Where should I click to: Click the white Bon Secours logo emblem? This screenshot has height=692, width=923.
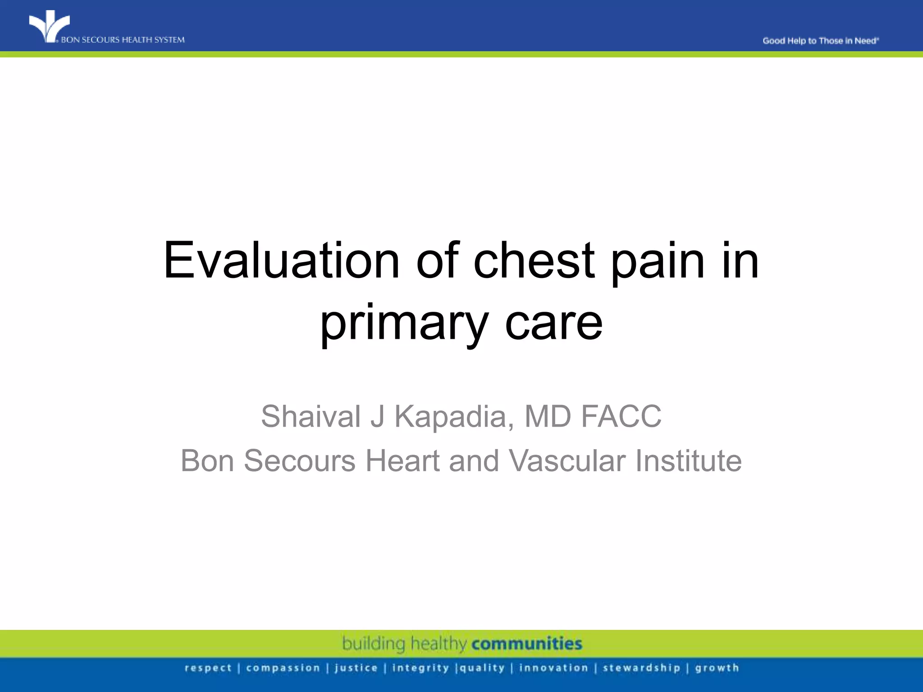[49, 26]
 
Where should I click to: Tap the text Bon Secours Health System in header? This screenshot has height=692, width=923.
[123, 40]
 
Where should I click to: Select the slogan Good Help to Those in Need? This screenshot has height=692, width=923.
[820, 41]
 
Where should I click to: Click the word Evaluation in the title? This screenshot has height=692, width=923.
[282, 261]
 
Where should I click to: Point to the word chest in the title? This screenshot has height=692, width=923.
[534, 261]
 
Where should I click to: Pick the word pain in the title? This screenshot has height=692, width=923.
[658, 261]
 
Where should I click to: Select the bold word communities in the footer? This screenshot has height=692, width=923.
[527, 643]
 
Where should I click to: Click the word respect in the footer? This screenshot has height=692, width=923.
[208, 668]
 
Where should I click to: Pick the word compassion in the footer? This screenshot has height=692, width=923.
[283, 668]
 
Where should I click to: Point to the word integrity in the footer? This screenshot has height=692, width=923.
[420, 668]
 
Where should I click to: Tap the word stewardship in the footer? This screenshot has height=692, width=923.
[641, 668]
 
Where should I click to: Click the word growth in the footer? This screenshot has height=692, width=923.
[717, 668]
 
